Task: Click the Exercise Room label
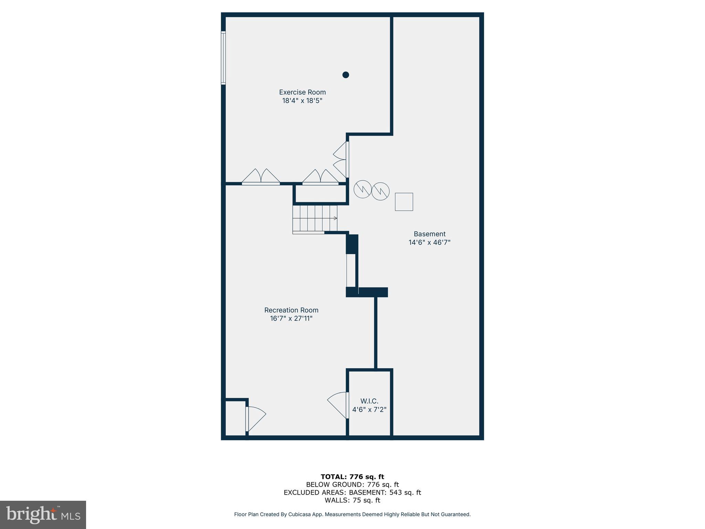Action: pyautogui.click(x=302, y=92)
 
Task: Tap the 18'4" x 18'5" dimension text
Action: pyautogui.click(x=302, y=101)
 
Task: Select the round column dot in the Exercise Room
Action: pyautogui.click(x=346, y=75)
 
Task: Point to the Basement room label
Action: pyautogui.click(x=429, y=234)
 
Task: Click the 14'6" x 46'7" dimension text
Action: pyautogui.click(x=429, y=242)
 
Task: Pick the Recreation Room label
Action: pyautogui.click(x=291, y=310)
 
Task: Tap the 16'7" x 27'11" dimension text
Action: pyautogui.click(x=291, y=319)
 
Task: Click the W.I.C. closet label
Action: pyautogui.click(x=369, y=401)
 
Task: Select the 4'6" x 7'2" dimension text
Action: pyautogui.click(x=369, y=410)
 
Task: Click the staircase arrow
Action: pyautogui.click(x=335, y=218)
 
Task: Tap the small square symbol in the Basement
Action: pyautogui.click(x=403, y=202)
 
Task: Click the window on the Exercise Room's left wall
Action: pyautogui.click(x=223, y=58)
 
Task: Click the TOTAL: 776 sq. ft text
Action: pyautogui.click(x=352, y=477)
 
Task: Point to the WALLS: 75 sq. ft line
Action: pyautogui.click(x=352, y=500)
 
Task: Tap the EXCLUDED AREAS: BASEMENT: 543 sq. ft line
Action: pyautogui.click(x=352, y=492)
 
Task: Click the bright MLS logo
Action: pyautogui.click(x=43, y=515)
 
